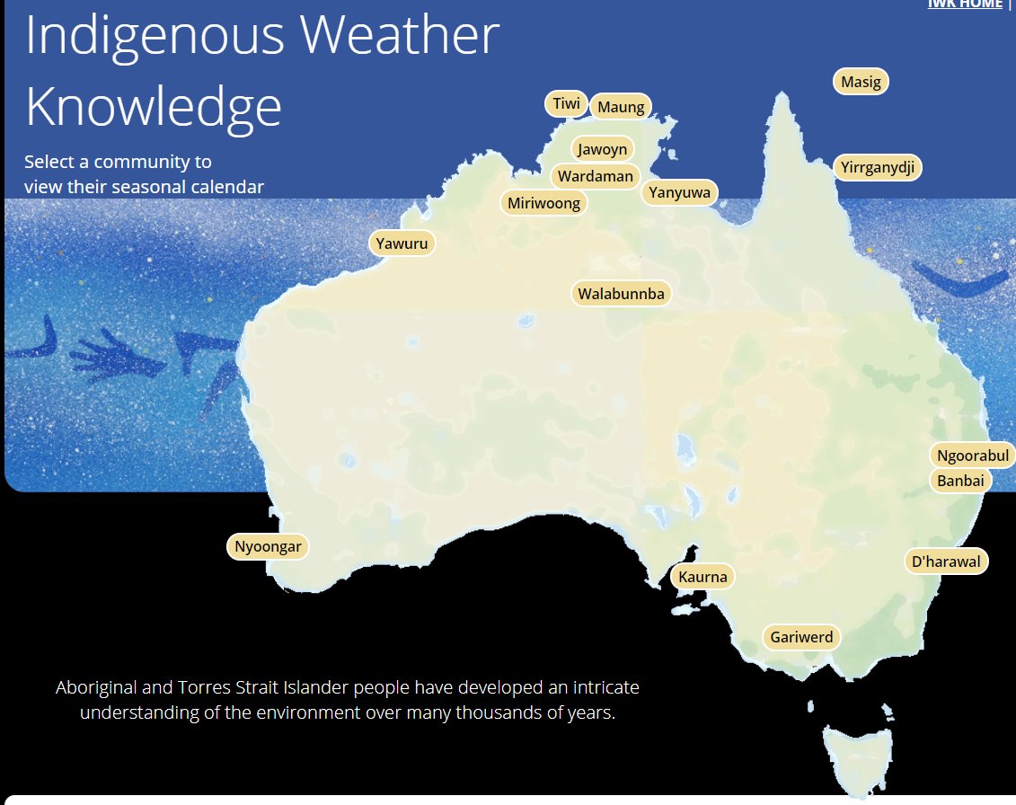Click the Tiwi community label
coord(566,104)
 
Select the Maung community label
coord(621,107)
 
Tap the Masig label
coord(861,82)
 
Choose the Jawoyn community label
coord(602,149)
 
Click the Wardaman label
coord(595,176)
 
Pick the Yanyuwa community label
coord(679,192)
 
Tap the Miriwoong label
coord(543,203)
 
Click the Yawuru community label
coord(402,243)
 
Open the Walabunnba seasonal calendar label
coord(621,294)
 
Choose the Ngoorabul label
coord(972,456)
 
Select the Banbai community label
coord(960,481)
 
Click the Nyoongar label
coord(268,546)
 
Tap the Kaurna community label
coord(702,577)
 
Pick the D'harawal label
coord(947,562)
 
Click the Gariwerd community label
coord(802,638)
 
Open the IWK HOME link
coord(964,4)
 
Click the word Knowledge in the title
coord(154,107)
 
